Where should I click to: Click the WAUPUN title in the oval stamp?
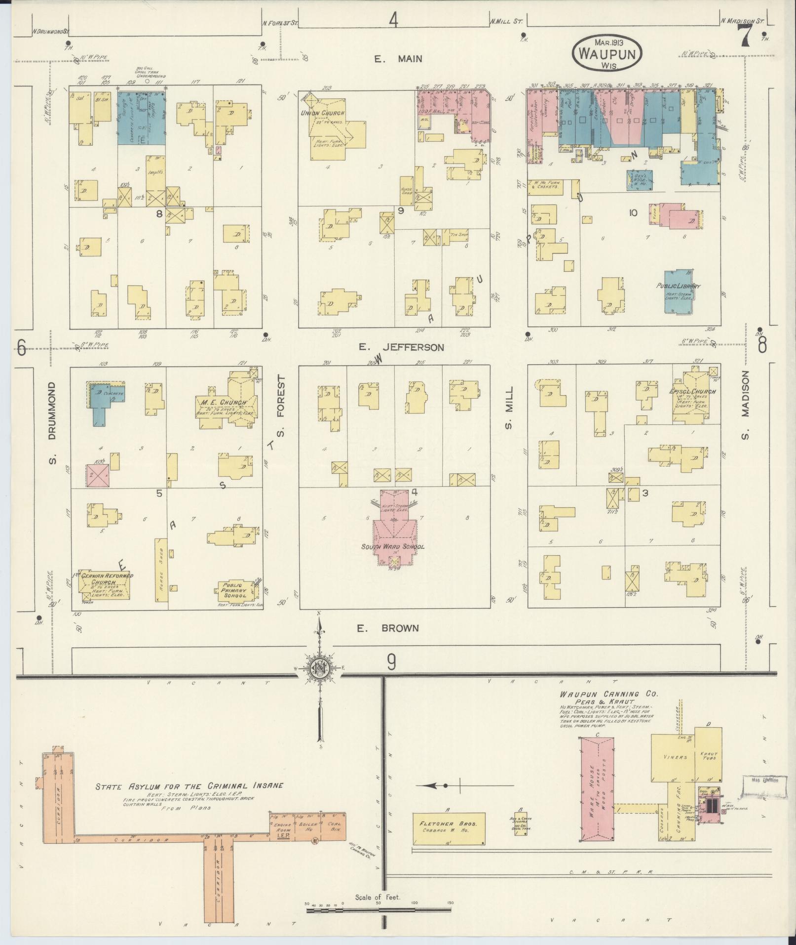click(607, 53)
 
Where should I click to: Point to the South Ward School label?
click(393, 547)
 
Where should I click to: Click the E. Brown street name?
click(388, 628)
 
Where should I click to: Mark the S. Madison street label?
click(745, 405)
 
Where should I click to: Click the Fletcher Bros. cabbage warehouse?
click(448, 826)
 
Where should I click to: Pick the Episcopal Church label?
click(692, 392)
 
